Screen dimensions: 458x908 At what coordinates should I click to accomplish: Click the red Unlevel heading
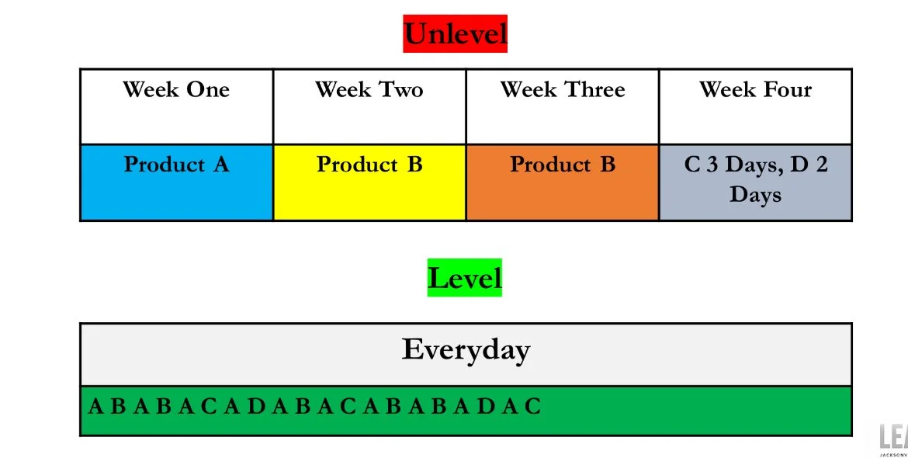pyautogui.click(x=455, y=33)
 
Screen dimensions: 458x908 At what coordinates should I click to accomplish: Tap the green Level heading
pyautogui.click(x=464, y=278)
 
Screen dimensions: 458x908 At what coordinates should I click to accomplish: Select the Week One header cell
pyautogui.click(x=176, y=106)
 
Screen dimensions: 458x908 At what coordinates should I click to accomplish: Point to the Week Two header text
pyautogui.click(x=369, y=89)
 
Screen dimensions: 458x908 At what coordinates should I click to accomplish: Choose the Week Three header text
pyautogui.click(x=562, y=89)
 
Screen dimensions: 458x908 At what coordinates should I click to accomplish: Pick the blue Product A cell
pyautogui.click(x=176, y=182)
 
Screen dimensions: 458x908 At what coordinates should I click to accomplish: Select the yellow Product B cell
pyautogui.click(x=369, y=182)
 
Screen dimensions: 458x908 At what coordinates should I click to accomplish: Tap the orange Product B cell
pyautogui.click(x=562, y=182)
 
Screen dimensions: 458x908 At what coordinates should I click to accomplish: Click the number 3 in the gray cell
pyautogui.click(x=711, y=165)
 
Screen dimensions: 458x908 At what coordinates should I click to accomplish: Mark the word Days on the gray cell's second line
pyautogui.click(x=755, y=194)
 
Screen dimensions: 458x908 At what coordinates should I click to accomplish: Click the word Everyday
pyautogui.click(x=466, y=349)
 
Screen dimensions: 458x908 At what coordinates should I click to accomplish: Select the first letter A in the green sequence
pyautogui.click(x=95, y=407)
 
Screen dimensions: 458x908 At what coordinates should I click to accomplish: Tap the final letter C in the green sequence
pyautogui.click(x=532, y=407)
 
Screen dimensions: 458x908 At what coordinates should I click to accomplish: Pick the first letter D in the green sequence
pyautogui.click(x=256, y=407)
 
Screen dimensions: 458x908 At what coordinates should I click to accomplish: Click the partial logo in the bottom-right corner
pyautogui.click(x=893, y=439)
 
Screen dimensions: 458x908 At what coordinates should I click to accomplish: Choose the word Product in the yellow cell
pyautogui.click(x=356, y=165)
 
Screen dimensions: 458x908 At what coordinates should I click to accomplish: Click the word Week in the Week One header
pyautogui.click(x=151, y=89)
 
